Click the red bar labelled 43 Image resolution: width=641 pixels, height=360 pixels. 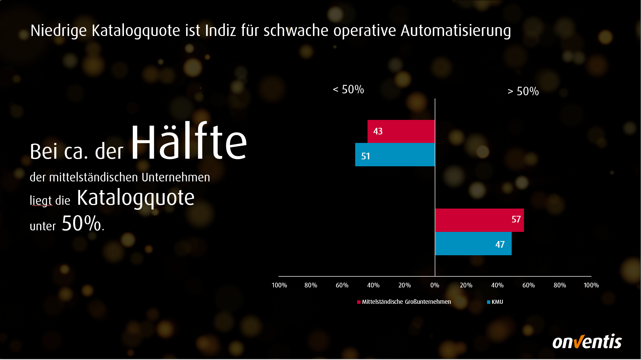point(401,131)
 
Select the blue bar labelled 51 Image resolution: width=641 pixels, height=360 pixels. point(395,155)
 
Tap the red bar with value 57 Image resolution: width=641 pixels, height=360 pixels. point(479,220)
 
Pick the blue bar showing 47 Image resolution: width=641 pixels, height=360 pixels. point(473,244)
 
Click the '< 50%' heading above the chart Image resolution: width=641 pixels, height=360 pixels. point(348,90)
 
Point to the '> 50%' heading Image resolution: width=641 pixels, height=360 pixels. point(523,91)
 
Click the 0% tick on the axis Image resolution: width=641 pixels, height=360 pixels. point(435,285)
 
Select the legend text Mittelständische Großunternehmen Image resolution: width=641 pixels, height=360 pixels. point(406,302)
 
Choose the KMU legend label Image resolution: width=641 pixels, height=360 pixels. point(497,302)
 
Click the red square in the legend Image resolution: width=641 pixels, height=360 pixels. point(359,302)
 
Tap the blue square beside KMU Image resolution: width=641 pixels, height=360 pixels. point(489,302)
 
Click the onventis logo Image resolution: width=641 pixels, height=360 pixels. point(587,341)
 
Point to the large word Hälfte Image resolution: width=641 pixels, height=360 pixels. point(189,142)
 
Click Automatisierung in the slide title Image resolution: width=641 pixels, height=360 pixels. point(456,31)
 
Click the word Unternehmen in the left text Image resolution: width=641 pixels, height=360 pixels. point(176,177)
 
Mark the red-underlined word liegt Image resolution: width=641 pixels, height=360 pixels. point(41,201)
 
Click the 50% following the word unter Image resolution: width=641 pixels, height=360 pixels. point(81,223)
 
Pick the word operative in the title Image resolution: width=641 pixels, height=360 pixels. point(364,31)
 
